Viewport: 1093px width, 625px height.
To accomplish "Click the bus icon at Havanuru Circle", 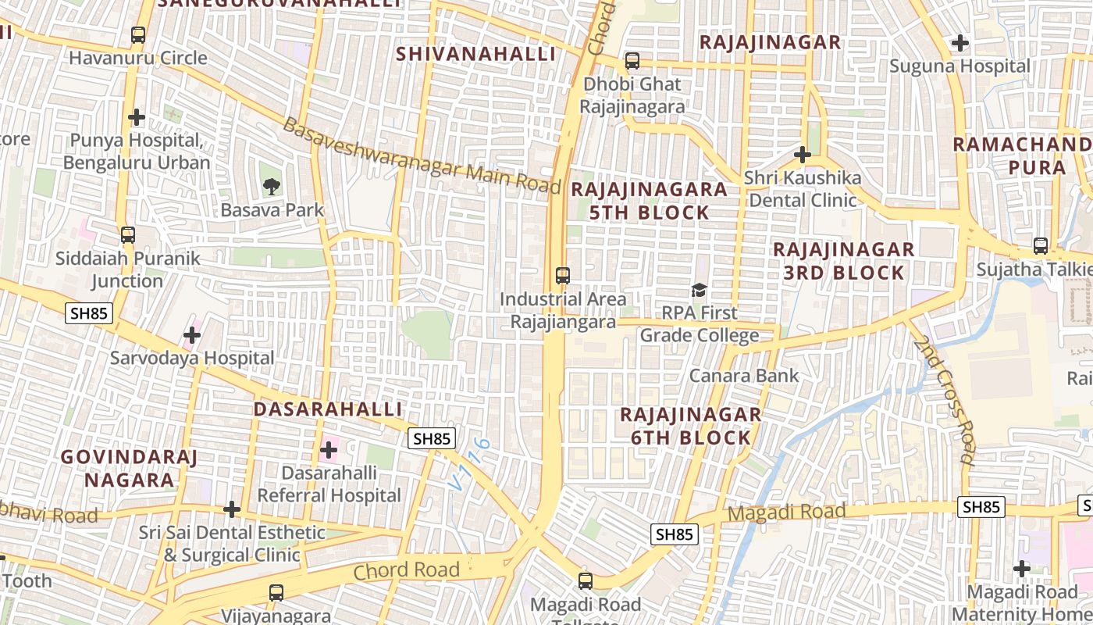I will pos(138,35).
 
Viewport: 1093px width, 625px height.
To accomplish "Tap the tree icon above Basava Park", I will pos(272,186).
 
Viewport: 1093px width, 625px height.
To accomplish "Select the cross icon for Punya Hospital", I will pos(137,117).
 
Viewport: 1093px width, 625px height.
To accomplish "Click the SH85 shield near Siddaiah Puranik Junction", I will pos(90,314).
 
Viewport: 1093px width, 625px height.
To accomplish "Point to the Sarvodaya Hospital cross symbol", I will pos(192,336).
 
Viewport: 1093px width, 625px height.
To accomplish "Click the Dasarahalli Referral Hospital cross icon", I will pos(329,450).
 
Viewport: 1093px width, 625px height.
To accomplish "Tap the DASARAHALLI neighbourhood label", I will pos(328,409).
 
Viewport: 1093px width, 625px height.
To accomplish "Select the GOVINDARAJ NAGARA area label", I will pos(129,468).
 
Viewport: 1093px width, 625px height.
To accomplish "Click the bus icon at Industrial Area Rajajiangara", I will pos(563,275).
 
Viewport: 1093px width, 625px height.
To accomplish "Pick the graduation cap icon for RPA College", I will pos(699,290).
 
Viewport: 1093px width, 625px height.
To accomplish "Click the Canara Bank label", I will pos(743,376).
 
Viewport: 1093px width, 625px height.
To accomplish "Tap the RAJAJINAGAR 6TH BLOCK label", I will pos(691,426).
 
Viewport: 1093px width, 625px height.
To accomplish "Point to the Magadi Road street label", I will pos(786,513).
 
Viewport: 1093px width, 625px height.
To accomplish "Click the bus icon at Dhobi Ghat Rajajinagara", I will pos(632,60).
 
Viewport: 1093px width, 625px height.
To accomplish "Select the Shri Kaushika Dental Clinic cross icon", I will pos(802,154).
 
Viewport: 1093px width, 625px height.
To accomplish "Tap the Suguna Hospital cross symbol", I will pos(960,43).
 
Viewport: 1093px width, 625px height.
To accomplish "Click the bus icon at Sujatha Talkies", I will pos(1040,246).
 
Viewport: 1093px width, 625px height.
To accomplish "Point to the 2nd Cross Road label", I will pos(946,399).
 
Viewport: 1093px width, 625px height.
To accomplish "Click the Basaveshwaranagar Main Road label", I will pos(422,156).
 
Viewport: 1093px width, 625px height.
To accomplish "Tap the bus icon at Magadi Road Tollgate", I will pos(586,580).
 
